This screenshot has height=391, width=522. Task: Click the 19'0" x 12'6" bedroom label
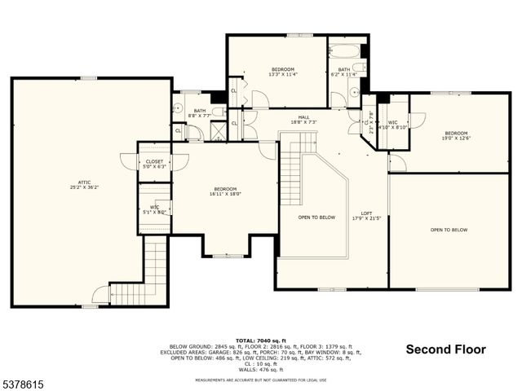pos(456,135)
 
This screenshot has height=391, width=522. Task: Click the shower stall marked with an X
pos(218,133)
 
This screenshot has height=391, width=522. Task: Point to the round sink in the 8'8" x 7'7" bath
pos(176,106)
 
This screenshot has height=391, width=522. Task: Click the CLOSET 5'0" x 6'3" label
pos(154,164)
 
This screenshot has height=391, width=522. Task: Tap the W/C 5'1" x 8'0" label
pos(154,209)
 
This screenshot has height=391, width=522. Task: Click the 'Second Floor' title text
pos(445,349)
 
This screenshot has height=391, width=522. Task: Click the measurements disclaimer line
pos(260,380)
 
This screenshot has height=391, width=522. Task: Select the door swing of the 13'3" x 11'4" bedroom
pos(260,100)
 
